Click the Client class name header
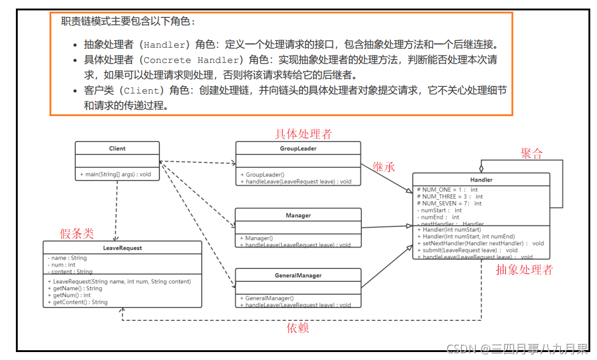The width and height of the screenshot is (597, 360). [117, 149]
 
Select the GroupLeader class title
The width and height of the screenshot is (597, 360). [298, 149]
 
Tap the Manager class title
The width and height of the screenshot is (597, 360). [298, 215]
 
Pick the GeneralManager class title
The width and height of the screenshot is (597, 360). [298, 276]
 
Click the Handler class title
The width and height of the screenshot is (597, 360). [482, 180]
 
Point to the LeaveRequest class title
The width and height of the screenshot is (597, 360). [122, 248]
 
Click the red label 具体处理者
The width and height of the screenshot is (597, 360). [304, 134]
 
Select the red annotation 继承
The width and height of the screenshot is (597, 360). [384, 166]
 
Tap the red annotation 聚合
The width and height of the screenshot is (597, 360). [532, 153]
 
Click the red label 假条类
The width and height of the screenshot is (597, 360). [76, 233]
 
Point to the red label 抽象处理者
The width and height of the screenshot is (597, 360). [524, 270]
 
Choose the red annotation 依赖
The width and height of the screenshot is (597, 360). [298, 328]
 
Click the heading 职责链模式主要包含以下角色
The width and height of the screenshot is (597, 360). [128, 21]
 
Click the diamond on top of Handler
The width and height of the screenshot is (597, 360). [482, 167]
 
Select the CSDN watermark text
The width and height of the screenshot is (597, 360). [517, 349]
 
